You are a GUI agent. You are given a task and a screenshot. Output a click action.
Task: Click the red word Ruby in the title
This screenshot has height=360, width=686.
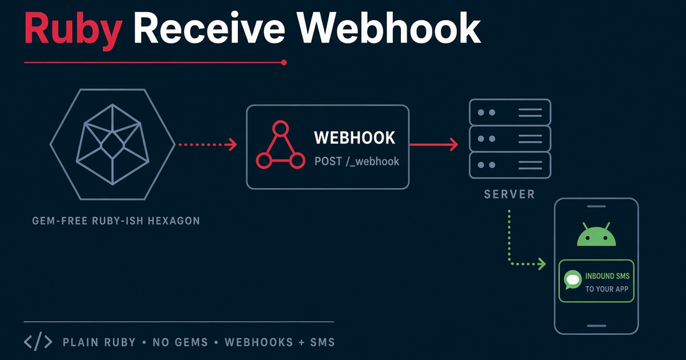click(73, 31)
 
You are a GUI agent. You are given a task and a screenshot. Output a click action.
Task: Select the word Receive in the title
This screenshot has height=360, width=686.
click(209, 28)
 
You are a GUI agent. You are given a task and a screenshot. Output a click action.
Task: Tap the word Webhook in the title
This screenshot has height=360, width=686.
click(389, 28)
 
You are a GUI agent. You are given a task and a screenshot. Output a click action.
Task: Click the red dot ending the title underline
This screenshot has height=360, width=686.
click(284, 62)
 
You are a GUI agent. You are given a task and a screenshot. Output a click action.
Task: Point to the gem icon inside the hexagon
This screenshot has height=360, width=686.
click(113, 145)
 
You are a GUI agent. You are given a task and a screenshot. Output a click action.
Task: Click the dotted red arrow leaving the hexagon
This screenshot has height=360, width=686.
click(208, 145)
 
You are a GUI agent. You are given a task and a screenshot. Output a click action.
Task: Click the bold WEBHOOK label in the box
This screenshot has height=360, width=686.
click(354, 138)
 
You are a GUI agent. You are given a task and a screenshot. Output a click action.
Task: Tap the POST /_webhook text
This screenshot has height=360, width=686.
click(357, 161)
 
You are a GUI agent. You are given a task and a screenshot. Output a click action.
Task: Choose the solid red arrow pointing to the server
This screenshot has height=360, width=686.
click(434, 145)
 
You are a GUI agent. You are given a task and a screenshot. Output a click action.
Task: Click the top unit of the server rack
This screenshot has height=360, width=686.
click(510, 113)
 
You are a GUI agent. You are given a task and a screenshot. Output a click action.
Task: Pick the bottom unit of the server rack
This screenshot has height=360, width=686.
click(510, 165)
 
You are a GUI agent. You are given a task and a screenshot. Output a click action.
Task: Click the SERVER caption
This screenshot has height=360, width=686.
click(509, 194)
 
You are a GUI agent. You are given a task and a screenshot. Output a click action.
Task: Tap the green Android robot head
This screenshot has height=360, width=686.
click(596, 234)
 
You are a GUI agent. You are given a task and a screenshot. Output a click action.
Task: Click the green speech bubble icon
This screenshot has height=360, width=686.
click(573, 279)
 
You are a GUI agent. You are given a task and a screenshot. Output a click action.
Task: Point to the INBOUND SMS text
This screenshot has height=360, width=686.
click(607, 276)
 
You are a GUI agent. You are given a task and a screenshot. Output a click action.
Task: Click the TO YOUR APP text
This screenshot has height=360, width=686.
click(607, 289)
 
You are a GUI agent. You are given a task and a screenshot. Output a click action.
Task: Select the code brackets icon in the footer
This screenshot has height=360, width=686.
click(38, 341)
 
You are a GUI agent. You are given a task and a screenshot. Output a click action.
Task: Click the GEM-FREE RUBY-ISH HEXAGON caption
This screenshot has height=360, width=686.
click(116, 221)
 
